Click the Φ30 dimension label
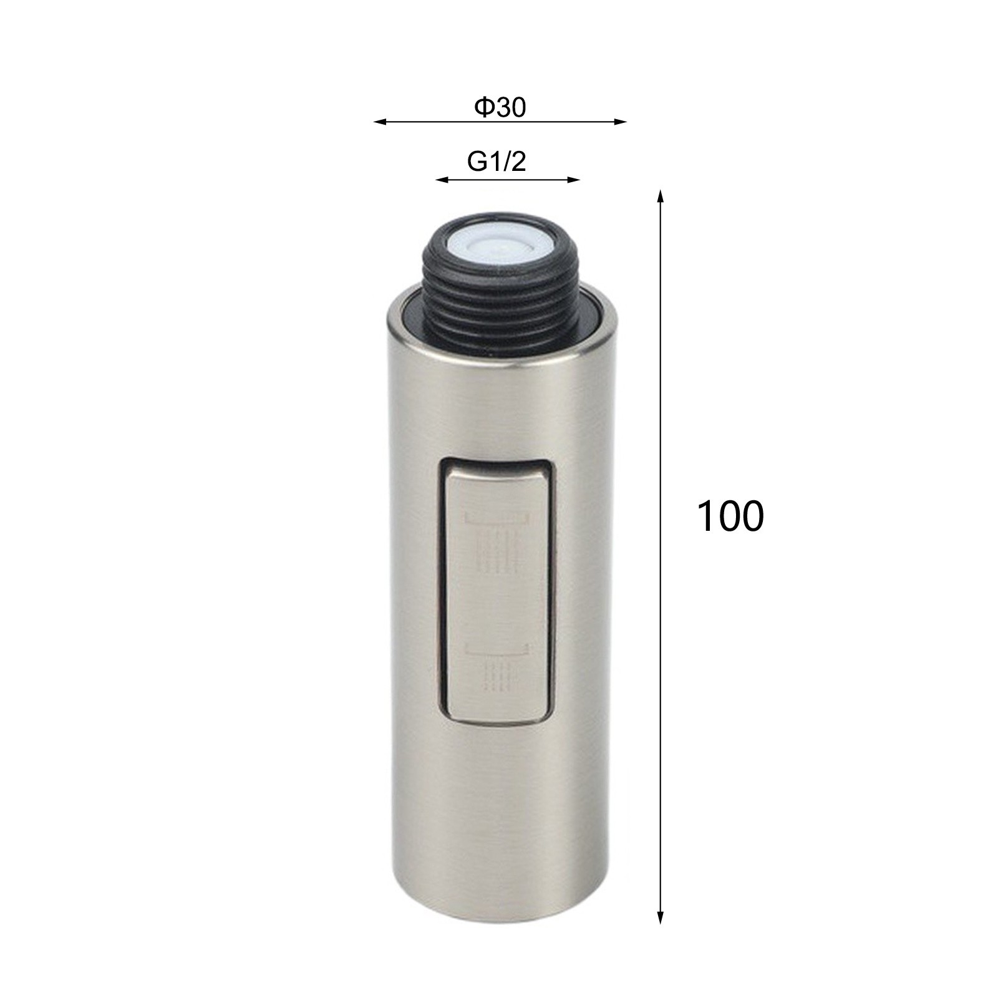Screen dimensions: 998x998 click(500, 108)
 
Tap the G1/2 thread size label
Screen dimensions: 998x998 click(497, 162)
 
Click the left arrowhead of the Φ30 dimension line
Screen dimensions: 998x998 click(379, 122)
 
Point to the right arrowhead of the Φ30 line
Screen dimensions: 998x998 click(620, 122)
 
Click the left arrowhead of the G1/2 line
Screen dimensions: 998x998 click(442, 180)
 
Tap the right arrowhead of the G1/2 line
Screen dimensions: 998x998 click(574, 180)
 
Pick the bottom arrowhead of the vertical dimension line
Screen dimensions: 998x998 click(661, 918)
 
